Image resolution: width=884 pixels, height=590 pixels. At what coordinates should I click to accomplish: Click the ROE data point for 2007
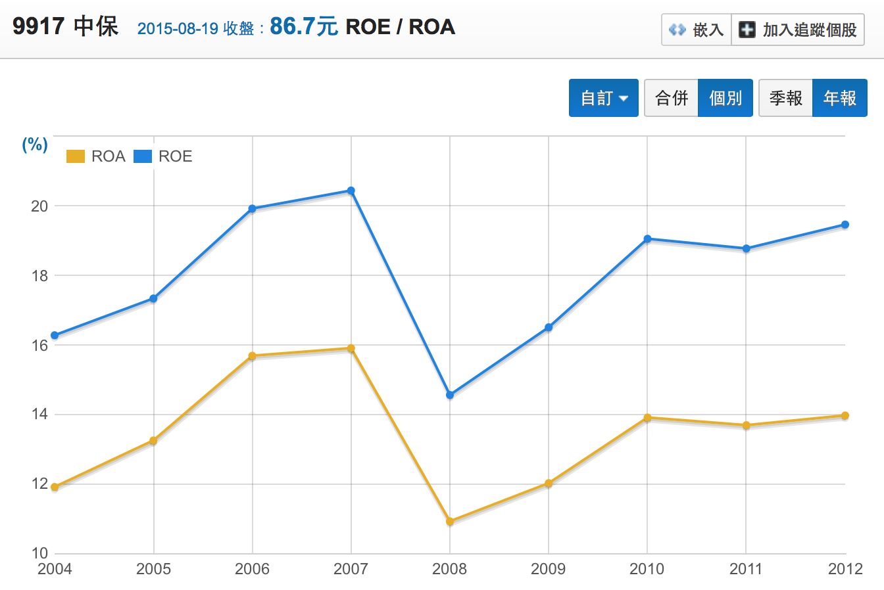click(351, 191)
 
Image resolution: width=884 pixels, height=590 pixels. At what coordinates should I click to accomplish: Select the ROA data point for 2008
click(450, 522)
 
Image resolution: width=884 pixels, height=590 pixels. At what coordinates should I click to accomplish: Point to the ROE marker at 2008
click(450, 395)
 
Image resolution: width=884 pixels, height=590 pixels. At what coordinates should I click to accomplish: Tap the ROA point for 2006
click(253, 356)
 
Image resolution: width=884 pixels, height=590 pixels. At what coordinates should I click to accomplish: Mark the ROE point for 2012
click(845, 225)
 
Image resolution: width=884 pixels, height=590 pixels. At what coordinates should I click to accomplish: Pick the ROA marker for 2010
click(647, 418)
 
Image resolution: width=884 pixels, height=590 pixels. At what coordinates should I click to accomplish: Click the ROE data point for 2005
click(153, 298)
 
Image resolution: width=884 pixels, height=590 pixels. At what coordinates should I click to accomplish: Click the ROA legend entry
click(96, 156)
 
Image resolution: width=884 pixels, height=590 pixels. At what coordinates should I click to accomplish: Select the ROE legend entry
click(163, 156)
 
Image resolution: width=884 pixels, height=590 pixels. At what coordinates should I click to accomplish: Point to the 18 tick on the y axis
click(39, 276)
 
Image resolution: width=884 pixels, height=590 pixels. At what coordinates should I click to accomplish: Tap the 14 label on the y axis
click(39, 414)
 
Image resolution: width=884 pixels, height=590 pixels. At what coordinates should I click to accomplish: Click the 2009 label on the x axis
click(548, 569)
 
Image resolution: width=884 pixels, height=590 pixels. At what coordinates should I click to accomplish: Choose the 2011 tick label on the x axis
click(746, 569)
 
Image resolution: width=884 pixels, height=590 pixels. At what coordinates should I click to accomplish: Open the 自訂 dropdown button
click(603, 98)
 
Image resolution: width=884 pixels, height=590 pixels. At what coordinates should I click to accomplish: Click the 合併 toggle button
click(672, 98)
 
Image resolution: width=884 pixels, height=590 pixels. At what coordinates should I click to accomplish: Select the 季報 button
click(786, 98)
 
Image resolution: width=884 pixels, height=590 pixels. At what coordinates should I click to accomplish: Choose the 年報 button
click(840, 98)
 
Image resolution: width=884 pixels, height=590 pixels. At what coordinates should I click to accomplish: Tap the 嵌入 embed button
click(697, 30)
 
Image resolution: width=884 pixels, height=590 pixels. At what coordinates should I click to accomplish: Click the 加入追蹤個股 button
click(798, 30)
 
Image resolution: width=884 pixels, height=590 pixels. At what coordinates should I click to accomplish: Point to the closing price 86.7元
click(303, 27)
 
